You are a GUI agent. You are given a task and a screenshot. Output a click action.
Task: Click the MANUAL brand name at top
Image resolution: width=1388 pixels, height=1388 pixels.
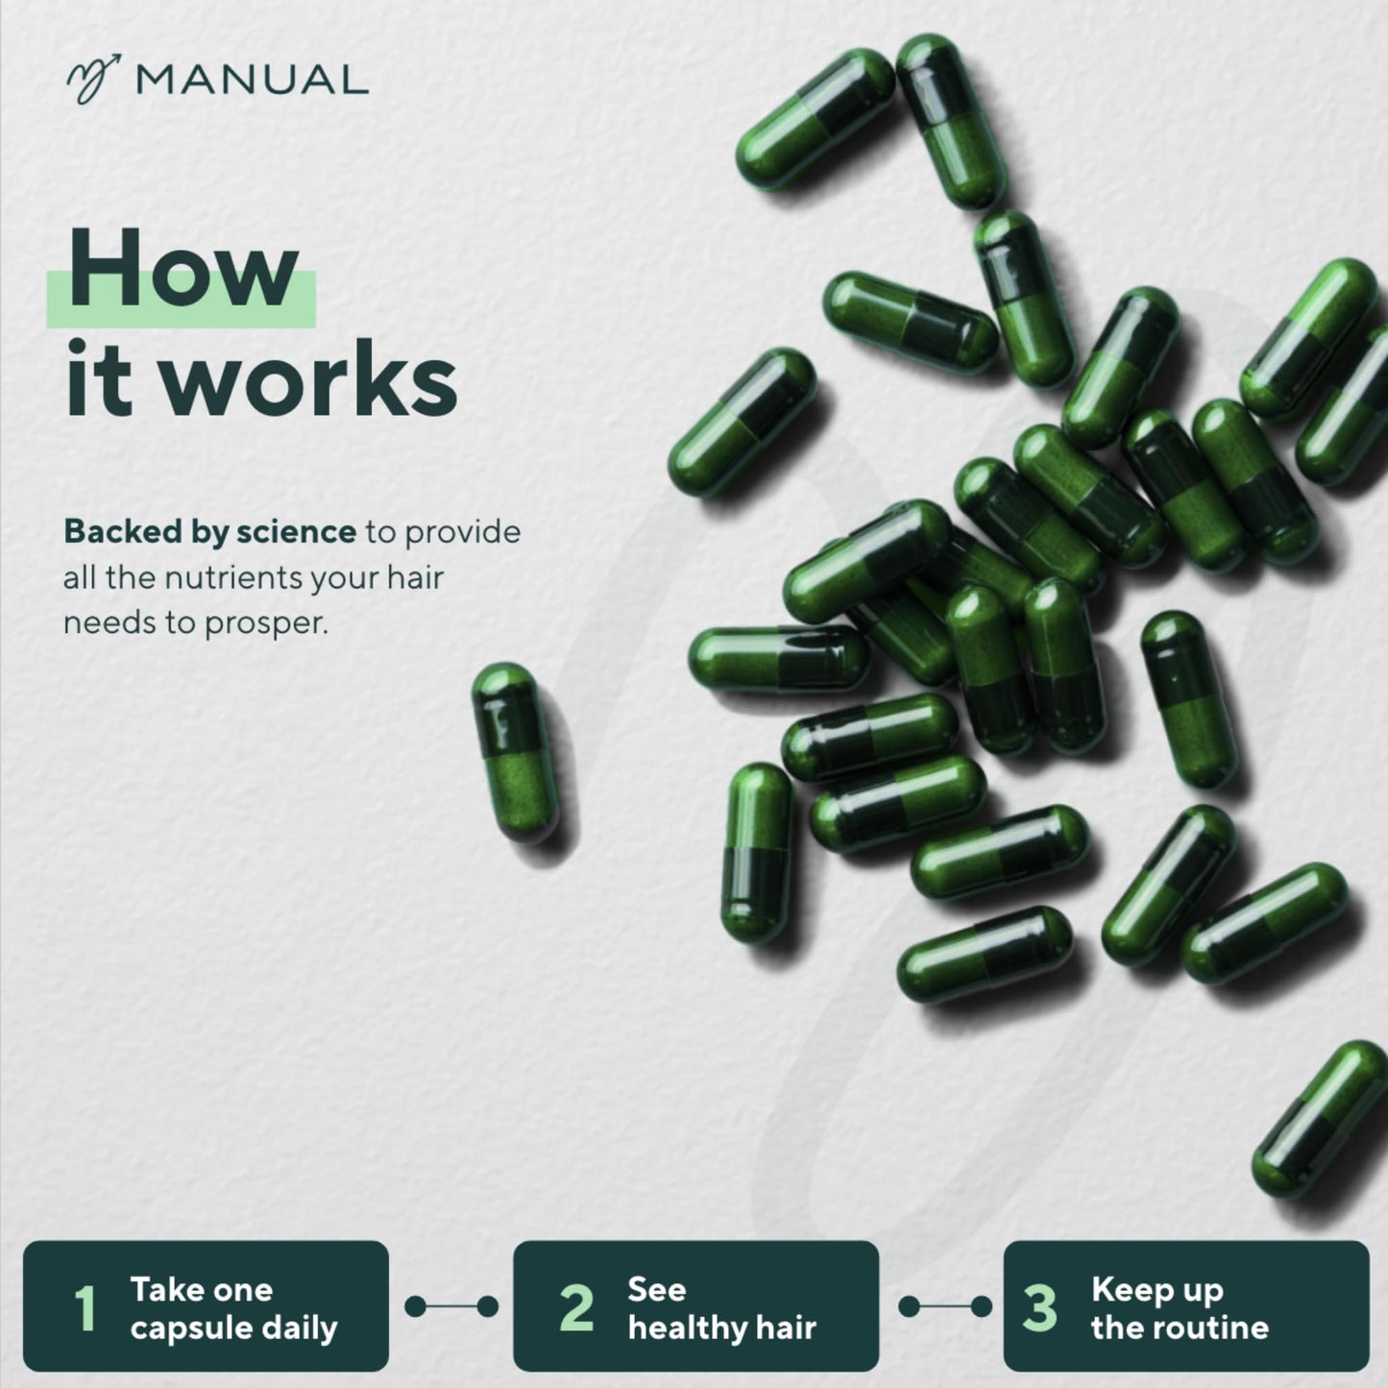[x=252, y=80]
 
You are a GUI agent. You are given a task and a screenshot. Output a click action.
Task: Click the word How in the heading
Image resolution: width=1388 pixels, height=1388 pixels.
[x=183, y=271]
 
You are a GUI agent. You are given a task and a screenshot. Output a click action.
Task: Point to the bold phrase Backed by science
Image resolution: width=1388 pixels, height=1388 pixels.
[x=209, y=531]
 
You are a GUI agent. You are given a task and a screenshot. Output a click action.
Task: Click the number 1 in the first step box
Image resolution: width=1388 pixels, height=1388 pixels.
[x=85, y=1308]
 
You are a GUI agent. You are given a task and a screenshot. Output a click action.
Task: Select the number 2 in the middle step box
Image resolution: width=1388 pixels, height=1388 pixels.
[x=576, y=1308]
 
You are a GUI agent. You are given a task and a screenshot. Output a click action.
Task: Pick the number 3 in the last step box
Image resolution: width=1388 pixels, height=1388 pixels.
[x=1039, y=1308]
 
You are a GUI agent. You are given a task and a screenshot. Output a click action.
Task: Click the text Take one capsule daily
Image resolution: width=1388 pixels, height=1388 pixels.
[x=232, y=1308]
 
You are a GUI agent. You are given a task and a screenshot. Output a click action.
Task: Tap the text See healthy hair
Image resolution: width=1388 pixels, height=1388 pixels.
[x=720, y=1308]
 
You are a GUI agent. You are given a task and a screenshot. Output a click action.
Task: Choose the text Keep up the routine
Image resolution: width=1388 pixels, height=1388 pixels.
[x=1179, y=1308]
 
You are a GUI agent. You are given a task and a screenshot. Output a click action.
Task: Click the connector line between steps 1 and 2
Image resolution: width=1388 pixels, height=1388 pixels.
[x=451, y=1306]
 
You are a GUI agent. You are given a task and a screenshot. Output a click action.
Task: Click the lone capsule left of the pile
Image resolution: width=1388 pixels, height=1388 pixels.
[x=515, y=752]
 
